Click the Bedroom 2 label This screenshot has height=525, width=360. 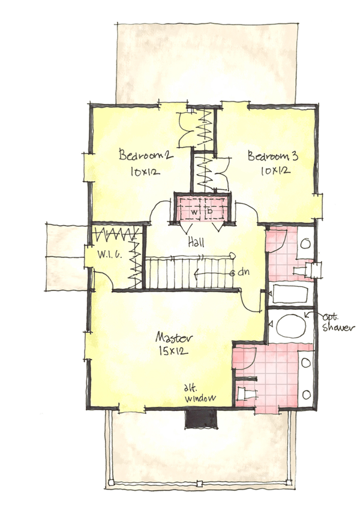[x=146, y=155]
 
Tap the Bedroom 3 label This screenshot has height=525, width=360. [x=274, y=157]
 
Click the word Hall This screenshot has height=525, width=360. [x=196, y=243]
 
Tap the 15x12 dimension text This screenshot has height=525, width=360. [x=174, y=350]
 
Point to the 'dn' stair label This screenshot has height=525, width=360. [x=243, y=272]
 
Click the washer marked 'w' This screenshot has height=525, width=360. [x=194, y=212]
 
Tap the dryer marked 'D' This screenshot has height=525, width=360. [x=211, y=212]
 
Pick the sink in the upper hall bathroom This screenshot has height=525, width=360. [x=305, y=244]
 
